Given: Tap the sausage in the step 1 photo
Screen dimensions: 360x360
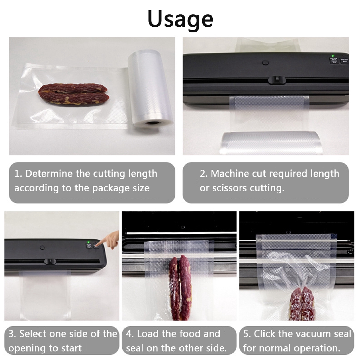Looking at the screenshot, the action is click(x=73, y=94).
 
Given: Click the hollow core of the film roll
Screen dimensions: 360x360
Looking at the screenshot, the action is click(x=152, y=123).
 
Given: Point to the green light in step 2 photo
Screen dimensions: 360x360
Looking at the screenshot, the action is click(x=333, y=56).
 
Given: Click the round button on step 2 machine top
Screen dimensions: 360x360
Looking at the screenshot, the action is click(x=265, y=62).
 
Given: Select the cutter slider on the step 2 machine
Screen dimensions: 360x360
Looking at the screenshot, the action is click(x=277, y=80).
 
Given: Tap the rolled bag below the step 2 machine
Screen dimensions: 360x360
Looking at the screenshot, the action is click(x=270, y=143).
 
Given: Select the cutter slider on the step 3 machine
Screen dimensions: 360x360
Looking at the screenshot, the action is click(x=50, y=261).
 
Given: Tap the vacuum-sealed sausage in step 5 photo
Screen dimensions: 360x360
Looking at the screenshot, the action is click(x=302, y=303).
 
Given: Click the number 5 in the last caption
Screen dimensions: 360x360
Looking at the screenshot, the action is click(x=246, y=334).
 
